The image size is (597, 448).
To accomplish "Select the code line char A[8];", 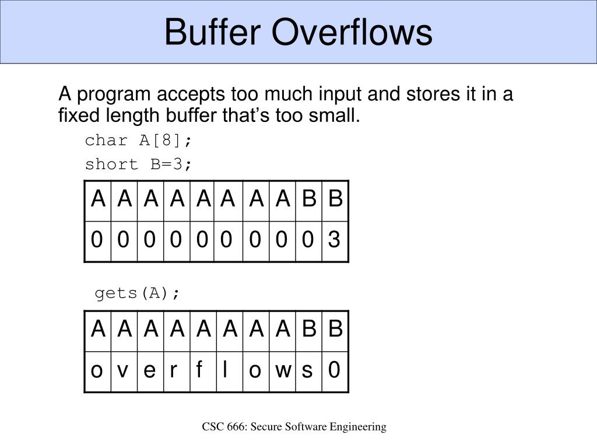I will click(138, 141).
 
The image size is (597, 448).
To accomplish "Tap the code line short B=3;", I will click(138, 164).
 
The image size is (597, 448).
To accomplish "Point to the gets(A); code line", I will click(138, 293).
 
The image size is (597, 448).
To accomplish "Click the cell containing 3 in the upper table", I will click(335, 240).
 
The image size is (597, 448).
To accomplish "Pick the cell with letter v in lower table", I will click(123, 370).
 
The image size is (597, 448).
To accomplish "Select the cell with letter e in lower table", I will click(149, 370).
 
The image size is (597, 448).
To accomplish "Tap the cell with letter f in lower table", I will click(201, 370).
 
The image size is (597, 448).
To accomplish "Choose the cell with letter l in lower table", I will click(226, 370).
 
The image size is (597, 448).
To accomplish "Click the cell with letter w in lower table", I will click(283, 370).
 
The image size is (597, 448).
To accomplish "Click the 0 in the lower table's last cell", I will click(335, 370).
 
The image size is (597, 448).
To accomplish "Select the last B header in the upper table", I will click(335, 199).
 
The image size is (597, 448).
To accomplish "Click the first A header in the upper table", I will click(97, 199).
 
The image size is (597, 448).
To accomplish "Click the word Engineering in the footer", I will click(358, 427).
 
